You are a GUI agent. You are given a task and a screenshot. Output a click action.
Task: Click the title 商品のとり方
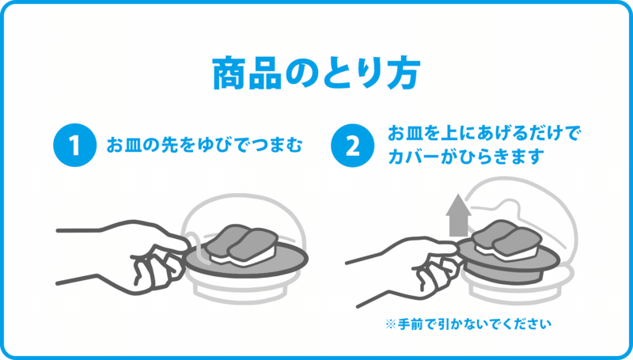pyautogui.click(x=316, y=74)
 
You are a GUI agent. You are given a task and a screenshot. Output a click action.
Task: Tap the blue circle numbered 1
pyautogui.click(x=74, y=145)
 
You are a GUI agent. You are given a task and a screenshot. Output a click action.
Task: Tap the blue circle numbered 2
pyautogui.click(x=352, y=146)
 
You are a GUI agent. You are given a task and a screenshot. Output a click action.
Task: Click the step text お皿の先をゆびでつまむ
pyautogui.click(x=204, y=145)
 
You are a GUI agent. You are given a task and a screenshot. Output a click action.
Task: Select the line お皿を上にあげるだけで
pyautogui.click(x=484, y=133)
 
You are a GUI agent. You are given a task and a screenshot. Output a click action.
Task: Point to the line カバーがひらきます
pyautogui.click(x=464, y=157)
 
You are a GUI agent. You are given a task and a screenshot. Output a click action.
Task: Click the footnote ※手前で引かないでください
pyautogui.click(x=468, y=324)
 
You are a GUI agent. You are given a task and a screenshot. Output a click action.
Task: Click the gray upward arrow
pyautogui.click(x=459, y=215)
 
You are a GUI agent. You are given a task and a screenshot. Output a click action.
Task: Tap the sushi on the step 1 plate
pyautogui.click(x=242, y=244)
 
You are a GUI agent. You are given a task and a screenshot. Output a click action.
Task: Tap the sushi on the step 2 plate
pyautogui.click(x=506, y=241)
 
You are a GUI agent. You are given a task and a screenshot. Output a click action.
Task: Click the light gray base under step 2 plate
pyautogui.click(x=517, y=289)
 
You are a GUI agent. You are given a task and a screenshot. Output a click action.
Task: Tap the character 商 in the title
pyautogui.click(x=229, y=74)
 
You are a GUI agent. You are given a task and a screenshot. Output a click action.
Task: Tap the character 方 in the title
pyautogui.click(x=404, y=74)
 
